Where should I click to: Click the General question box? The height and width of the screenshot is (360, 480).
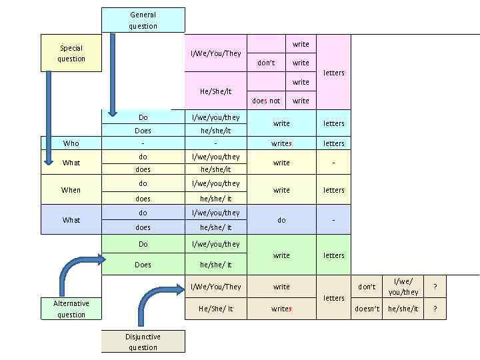pyautogui.click(x=143, y=20)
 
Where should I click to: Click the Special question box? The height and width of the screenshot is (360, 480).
pyautogui.click(x=71, y=53)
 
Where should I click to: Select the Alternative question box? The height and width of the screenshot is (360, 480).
pyautogui.click(x=71, y=309)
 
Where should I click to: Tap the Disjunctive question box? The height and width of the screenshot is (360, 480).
pyautogui.click(x=143, y=342)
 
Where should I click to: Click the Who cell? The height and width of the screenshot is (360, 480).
pyautogui.click(x=71, y=143)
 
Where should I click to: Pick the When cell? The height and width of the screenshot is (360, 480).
pyautogui.click(x=71, y=190)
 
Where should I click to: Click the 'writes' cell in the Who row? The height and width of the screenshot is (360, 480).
pyautogui.click(x=281, y=143)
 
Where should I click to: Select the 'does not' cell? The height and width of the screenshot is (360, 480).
pyautogui.click(x=266, y=101)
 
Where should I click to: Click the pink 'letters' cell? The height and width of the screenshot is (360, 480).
pyautogui.click(x=333, y=72)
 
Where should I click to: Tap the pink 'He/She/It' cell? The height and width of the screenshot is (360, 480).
pyautogui.click(x=215, y=91)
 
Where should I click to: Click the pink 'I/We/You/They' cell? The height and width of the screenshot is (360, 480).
pyautogui.click(x=215, y=53)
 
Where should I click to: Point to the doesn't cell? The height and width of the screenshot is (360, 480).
pyautogui.click(x=367, y=309)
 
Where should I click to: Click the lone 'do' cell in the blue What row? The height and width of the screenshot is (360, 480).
pyautogui.click(x=281, y=220)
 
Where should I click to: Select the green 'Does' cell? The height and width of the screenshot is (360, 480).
pyautogui.click(x=143, y=265)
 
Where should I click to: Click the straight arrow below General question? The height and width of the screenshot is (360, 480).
pyautogui.click(x=112, y=73)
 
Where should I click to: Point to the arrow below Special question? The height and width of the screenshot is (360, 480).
pyautogui.click(x=49, y=117)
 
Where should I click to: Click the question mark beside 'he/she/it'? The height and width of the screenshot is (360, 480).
pyautogui.click(x=435, y=309)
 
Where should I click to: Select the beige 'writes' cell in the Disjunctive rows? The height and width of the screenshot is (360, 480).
pyautogui.click(x=281, y=309)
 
